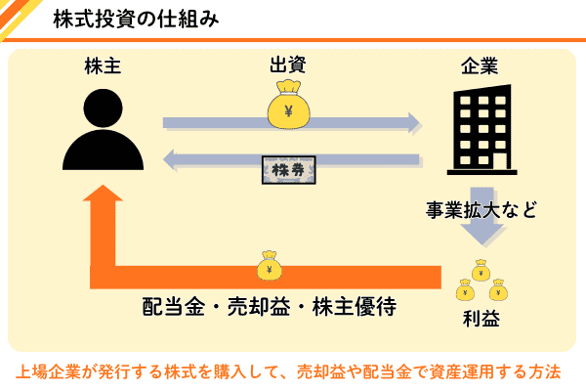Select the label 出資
[289, 66]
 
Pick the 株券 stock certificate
[289, 170]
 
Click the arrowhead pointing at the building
[412, 122]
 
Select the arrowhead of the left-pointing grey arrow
[170, 158]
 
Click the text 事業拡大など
[481, 208]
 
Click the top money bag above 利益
[480, 270]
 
